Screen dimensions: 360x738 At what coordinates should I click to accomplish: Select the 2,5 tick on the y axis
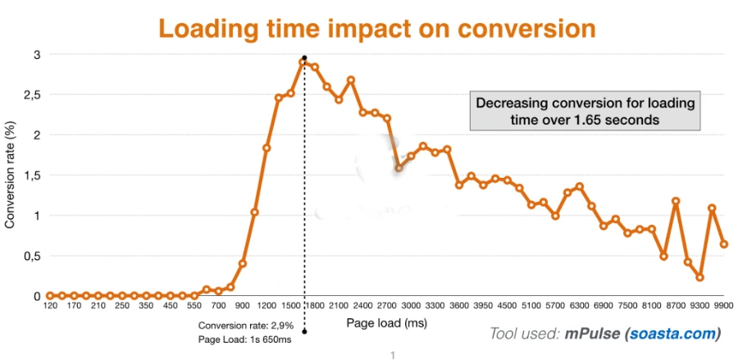click(x=31, y=95)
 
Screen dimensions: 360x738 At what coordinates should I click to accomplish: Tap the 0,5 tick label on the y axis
click(x=31, y=256)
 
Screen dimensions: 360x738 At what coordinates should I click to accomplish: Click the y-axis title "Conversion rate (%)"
click(x=11, y=175)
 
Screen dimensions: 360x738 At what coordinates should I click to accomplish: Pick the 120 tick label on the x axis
click(x=49, y=307)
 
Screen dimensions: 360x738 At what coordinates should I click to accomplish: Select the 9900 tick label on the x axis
click(x=723, y=307)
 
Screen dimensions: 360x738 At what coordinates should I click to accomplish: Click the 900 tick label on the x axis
click(x=242, y=307)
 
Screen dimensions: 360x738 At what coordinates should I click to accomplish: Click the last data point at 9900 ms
click(x=724, y=244)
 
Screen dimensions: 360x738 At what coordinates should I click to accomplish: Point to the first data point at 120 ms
click(x=49, y=295)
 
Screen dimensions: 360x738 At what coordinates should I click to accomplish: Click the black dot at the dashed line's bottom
click(x=304, y=331)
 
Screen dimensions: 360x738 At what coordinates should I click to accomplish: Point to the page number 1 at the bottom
click(x=393, y=354)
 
